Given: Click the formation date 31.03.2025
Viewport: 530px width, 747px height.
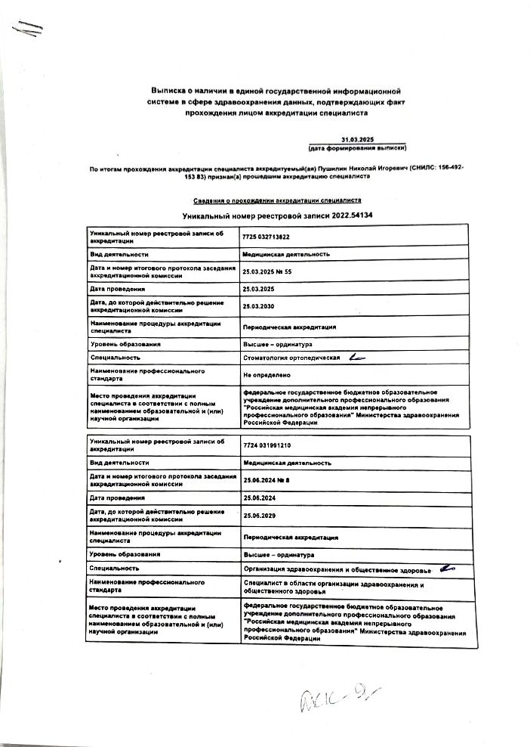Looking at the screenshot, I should (357, 140).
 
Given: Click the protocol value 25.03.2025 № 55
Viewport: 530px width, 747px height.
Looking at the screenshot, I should (272, 270).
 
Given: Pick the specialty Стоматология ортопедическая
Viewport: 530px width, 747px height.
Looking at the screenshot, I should (291, 357).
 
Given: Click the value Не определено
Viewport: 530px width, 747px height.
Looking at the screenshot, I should (262, 374).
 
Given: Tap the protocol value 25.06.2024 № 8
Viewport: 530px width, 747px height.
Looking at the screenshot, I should (270, 479).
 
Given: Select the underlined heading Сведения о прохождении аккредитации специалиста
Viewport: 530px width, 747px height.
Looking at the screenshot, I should (277, 200).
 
